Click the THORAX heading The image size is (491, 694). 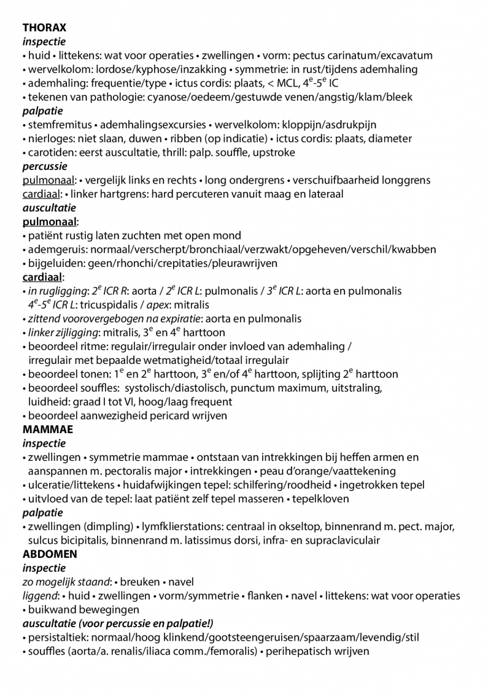[x=44, y=28]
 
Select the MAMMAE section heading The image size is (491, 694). [x=47, y=430]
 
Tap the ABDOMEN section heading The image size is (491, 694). [x=50, y=554]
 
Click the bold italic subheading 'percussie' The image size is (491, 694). [x=45, y=166]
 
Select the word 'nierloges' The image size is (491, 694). [x=48, y=139]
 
